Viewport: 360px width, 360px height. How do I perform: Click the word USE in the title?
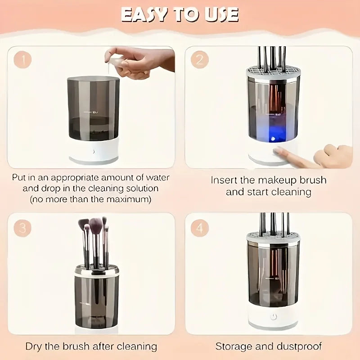[x=220, y=14]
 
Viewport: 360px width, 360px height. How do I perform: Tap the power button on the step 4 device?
[x=273, y=317]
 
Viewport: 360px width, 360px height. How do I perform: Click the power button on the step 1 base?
[x=94, y=152]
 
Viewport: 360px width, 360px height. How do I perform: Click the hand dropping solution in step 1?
[x=135, y=61]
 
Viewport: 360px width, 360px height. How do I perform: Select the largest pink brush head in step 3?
[x=95, y=225]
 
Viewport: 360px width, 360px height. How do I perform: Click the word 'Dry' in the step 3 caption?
[x=34, y=346]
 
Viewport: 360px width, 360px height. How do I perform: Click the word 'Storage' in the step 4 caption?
[x=233, y=346]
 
